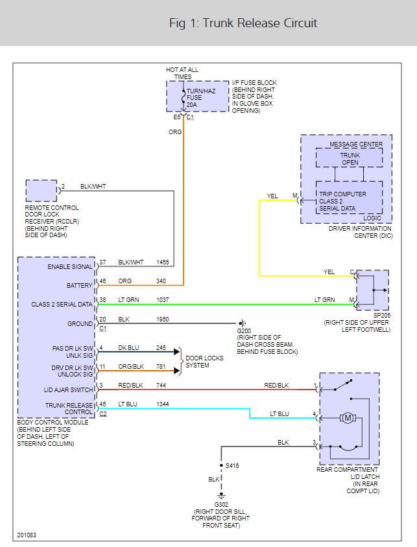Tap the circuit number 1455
163,262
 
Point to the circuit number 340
161,281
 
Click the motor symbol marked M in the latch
348,418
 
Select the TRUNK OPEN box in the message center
350,158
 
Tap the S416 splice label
233,465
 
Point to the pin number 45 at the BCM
102,405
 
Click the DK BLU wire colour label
129,348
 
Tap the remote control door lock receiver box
41,191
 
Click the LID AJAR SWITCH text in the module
68,390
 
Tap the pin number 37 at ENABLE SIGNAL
102,262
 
